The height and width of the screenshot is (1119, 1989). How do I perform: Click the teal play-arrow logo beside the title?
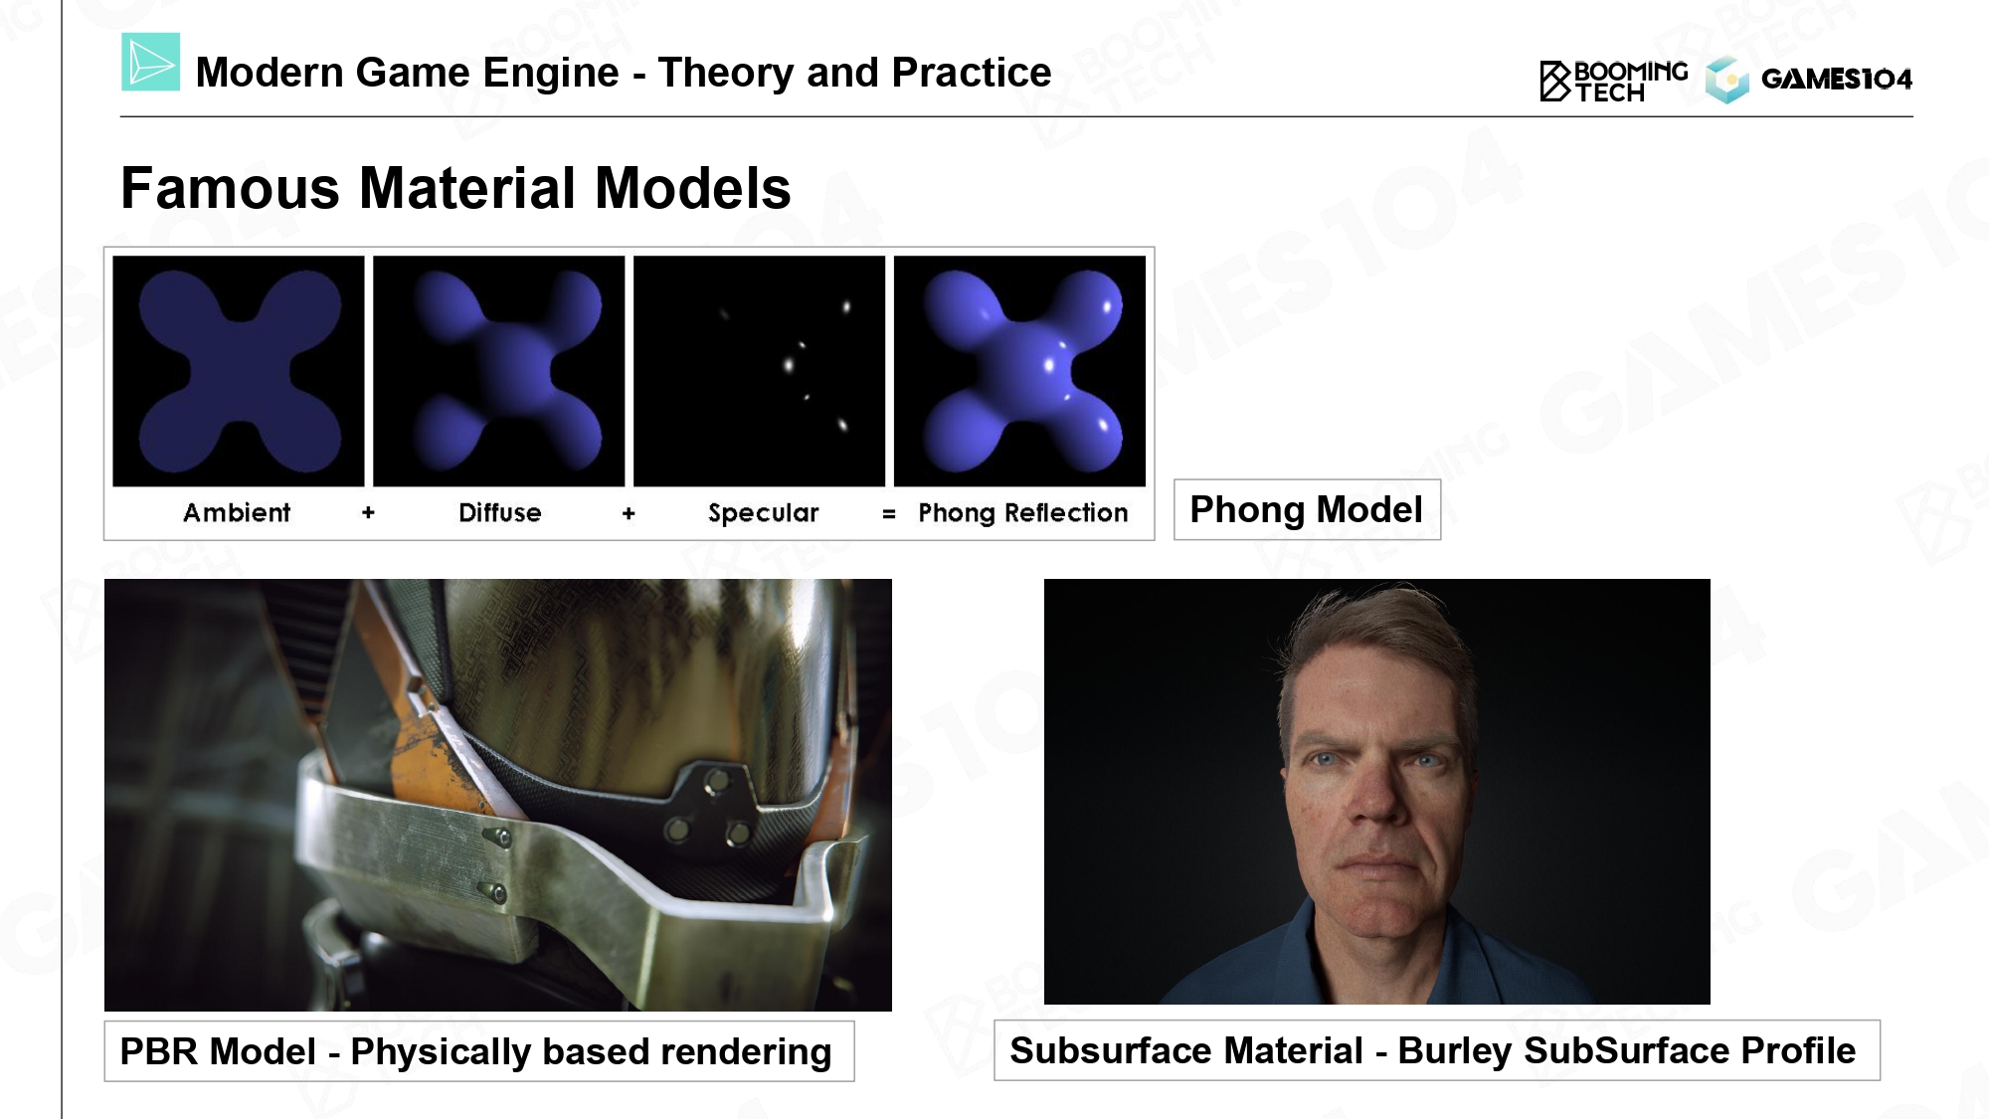click(150, 62)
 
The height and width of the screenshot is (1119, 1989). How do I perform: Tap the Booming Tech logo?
click(1613, 81)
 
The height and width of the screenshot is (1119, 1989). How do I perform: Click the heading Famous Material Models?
click(455, 187)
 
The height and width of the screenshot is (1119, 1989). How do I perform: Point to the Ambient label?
click(237, 512)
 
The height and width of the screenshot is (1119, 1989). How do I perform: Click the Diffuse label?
click(499, 512)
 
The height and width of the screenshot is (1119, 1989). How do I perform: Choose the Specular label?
click(763, 513)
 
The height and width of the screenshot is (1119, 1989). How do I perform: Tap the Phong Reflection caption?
click(1022, 513)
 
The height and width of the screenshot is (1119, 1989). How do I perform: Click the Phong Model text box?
click(1307, 509)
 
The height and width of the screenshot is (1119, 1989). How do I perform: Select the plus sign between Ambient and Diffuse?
click(368, 512)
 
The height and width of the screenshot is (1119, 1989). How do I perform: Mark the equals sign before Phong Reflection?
click(888, 514)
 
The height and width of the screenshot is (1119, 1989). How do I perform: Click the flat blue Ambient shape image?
click(239, 371)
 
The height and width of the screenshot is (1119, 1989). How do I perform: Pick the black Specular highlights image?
click(759, 371)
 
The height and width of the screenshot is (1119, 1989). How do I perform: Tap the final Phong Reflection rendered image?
click(1019, 371)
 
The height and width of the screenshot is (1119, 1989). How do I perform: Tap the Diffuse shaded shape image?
click(499, 371)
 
